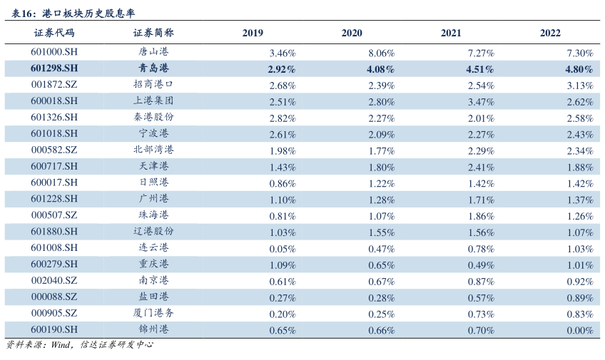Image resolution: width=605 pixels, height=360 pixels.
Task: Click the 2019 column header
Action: pyautogui.click(x=253, y=33)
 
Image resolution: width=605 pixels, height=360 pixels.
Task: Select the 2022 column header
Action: pyautogui.click(x=550, y=33)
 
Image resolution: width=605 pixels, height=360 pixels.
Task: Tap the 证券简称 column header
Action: pyautogui.click(x=153, y=33)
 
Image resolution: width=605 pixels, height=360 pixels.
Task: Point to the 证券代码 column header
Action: pyautogui.click(x=54, y=33)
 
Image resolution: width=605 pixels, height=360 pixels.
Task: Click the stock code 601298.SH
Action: pyautogui.click(x=54, y=68)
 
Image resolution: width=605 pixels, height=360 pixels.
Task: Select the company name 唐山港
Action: pyautogui.click(x=153, y=51)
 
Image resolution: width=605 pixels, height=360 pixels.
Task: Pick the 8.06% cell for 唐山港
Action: pyautogui.click(x=382, y=53)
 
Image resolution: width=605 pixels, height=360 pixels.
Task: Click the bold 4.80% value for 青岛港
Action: pyautogui.click(x=579, y=69)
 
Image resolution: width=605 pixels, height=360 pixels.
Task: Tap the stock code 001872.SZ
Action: pyautogui.click(x=54, y=85)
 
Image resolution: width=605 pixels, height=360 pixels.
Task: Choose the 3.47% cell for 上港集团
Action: pyautogui.click(x=481, y=102)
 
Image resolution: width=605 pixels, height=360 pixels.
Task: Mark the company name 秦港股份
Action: pyautogui.click(x=153, y=117)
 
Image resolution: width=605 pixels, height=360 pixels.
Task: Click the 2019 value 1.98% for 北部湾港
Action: pyautogui.click(x=283, y=151)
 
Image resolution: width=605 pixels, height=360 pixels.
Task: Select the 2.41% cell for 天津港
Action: pyautogui.click(x=481, y=168)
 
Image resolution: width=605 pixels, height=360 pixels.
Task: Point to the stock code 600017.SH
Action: pyautogui.click(x=54, y=182)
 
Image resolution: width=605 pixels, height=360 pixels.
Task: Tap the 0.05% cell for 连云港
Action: pyautogui.click(x=283, y=249)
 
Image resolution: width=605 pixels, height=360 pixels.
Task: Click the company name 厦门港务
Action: pyautogui.click(x=153, y=313)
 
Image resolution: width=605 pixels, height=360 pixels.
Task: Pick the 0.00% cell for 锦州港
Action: pyautogui.click(x=580, y=331)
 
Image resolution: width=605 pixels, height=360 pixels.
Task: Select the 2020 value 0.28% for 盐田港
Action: pyautogui.click(x=382, y=298)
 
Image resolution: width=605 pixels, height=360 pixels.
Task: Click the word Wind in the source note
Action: pyautogui.click(x=61, y=344)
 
